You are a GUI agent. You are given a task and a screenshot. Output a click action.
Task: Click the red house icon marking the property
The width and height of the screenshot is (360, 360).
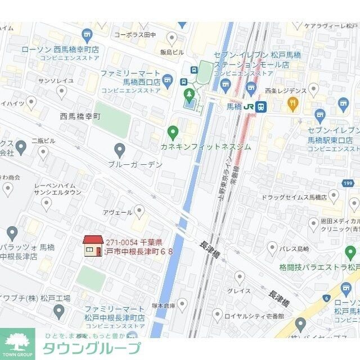92,246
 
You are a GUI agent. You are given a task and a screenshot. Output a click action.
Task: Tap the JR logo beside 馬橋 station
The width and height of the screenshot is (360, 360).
248,106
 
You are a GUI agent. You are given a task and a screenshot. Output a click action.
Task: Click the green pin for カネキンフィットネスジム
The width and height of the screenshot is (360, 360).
173,133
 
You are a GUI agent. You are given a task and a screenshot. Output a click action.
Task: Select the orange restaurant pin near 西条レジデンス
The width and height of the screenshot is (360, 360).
292,102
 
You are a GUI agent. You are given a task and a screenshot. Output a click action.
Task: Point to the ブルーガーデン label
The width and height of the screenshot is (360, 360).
136,164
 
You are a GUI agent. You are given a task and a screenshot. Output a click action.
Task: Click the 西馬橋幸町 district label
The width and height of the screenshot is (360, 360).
80,116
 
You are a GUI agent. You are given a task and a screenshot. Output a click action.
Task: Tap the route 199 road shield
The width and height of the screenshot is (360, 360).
348,183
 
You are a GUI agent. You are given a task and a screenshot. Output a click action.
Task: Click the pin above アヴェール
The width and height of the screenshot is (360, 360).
139,211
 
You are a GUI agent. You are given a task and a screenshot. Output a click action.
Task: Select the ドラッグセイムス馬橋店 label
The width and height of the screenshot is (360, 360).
295,197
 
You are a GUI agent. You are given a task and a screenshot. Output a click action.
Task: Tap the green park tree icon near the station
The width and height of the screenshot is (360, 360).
190,93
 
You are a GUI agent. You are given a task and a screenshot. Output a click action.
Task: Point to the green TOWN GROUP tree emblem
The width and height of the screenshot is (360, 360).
17,343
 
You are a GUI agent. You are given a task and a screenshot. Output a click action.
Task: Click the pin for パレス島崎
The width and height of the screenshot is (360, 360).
273,247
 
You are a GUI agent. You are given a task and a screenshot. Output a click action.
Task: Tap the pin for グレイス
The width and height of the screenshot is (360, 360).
240,277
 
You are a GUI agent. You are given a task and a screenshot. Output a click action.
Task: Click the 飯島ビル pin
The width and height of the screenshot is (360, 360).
172,38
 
